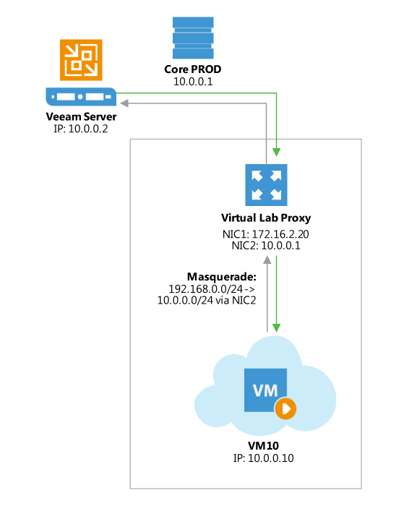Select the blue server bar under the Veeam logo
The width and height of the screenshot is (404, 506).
point(81,95)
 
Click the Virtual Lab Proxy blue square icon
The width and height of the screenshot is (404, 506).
point(265,184)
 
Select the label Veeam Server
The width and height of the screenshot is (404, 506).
point(81,118)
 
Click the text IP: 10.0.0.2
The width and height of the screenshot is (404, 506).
point(81,131)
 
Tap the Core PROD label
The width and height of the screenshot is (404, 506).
point(193,71)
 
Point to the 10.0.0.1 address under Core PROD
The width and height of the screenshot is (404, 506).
point(193,83)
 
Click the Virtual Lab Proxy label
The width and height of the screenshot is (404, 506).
point(265,218)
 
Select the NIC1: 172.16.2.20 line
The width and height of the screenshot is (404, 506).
point(265,235)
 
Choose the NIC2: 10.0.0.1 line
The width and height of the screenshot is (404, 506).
point(265,247)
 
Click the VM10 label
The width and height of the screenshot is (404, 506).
point(265,445)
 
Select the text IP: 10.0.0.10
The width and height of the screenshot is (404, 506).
point(265,458)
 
